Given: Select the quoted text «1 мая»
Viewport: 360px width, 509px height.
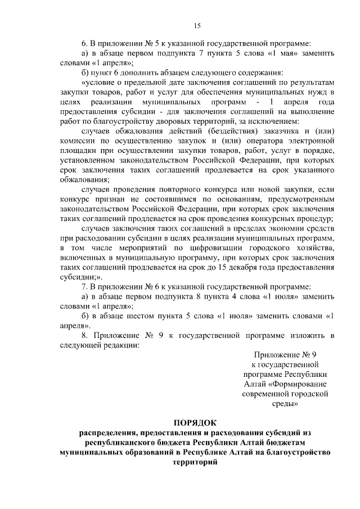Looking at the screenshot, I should [280, 53].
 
